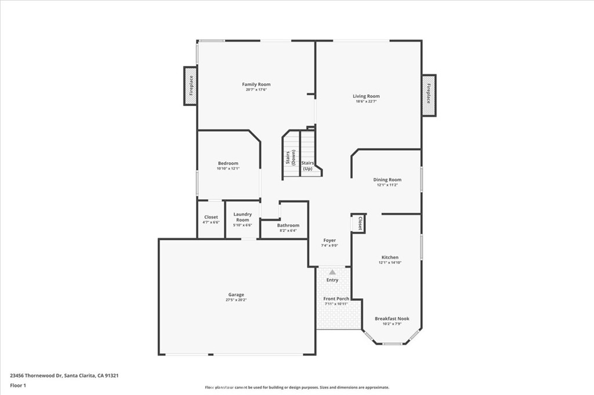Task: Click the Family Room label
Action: [256, 85]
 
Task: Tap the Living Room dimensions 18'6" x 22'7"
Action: [367, 102]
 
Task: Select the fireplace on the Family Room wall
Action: [190, 86]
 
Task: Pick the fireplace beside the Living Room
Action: [429, 95]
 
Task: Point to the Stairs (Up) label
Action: [307, 166]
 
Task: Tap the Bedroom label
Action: [228, 163]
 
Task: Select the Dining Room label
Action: [387, 180]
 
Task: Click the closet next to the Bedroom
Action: [211, 219]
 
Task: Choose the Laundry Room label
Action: [242, 217]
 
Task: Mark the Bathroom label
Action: [288, 225]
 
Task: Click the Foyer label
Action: [329, 240]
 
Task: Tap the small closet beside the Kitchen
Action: [359, 224]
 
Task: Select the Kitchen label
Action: [390, 257]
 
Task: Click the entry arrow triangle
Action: [332, 271]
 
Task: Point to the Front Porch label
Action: [336, 299]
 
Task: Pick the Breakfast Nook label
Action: [392, 319]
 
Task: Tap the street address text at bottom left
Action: [64, 375]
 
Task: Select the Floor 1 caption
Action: [19, 385]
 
